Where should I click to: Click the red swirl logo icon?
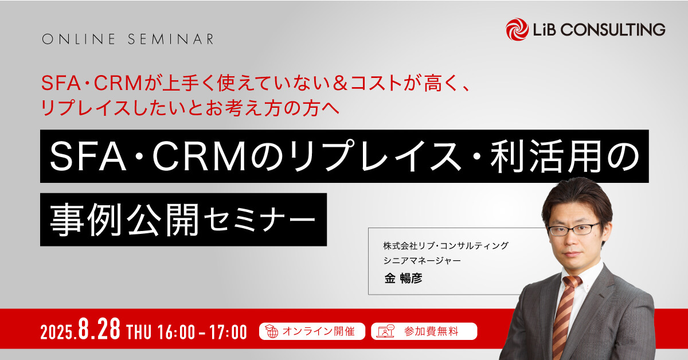[x=517, y=29]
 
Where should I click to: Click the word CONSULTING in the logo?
[x=613, y=29]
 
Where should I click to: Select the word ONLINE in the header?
[x=79, y=39]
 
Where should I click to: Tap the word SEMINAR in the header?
[x=171, y=39]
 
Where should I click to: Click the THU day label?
[x=139, y=332]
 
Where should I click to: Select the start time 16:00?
[x=177, y=332]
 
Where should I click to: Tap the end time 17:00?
[x=228, y=332]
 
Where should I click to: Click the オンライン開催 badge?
[x=312, y=331]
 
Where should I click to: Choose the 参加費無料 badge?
[x=424, y=331]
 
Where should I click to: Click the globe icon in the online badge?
[x=271, y=331]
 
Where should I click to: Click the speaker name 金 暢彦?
[x=403, y=278]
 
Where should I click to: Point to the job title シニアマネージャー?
[x=422, y=260]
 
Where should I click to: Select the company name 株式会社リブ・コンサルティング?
[x=446, y=246]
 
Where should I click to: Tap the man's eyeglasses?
[x=574, y=229]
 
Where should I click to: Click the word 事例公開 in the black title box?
[x=124, y=220]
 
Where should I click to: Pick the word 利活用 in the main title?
[x=545, y=156]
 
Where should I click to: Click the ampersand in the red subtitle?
[x=340, y=83]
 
